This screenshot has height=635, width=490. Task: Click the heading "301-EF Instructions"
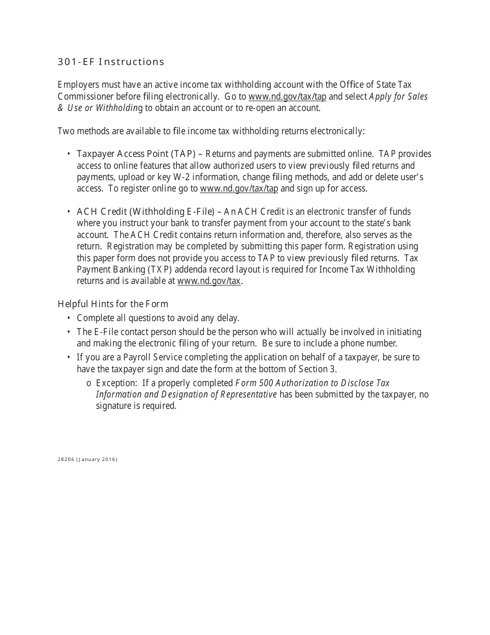111,62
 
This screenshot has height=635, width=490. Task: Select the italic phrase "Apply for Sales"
399,97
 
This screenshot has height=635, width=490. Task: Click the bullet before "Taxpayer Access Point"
69,154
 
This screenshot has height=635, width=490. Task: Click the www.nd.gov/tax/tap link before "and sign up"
239,188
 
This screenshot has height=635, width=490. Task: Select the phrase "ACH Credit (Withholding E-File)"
145,212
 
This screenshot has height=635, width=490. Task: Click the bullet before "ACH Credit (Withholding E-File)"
69,212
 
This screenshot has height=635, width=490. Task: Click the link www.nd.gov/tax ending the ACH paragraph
209,281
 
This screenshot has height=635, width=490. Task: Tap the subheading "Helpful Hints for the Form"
113,304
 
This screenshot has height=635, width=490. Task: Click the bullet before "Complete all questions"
69,318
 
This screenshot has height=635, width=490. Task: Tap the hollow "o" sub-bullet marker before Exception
89,384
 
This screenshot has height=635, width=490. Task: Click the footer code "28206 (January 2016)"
88,459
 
